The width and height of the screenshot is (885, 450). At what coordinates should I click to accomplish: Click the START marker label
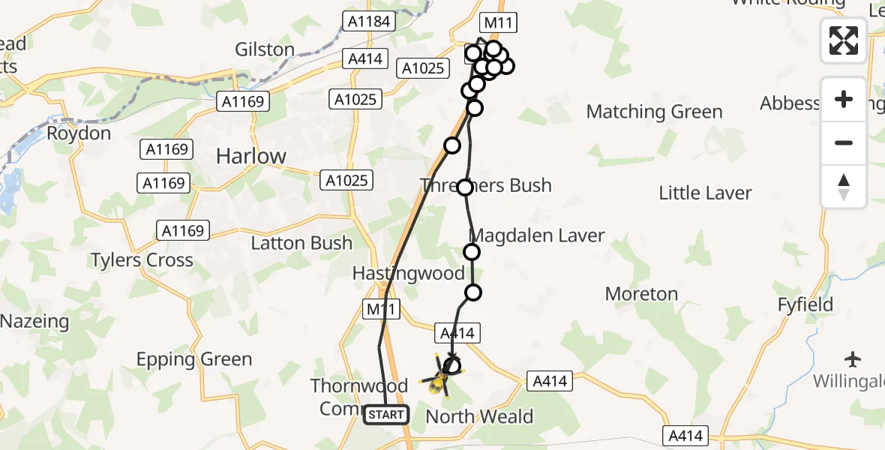386,414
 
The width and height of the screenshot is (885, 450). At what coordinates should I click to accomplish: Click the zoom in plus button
844,100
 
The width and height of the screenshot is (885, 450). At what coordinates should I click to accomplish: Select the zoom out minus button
844,142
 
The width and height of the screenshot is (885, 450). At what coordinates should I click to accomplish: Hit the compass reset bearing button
844,186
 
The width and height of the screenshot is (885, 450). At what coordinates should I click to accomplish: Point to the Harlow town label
251,156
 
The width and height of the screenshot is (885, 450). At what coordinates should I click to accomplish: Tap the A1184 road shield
370,22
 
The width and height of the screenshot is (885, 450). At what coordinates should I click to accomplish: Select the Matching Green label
654,112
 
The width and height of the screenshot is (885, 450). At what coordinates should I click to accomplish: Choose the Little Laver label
705,193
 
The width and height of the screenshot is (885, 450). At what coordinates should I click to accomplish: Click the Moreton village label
641,294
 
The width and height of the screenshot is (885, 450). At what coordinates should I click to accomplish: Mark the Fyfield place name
805,305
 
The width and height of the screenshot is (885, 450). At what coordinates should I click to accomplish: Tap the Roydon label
79,133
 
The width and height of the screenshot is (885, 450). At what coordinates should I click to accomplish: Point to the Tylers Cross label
142,260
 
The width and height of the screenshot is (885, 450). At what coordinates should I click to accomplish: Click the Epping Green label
194,359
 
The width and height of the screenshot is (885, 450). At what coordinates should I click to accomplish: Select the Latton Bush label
301,243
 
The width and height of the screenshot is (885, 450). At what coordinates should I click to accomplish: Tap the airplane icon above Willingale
853,358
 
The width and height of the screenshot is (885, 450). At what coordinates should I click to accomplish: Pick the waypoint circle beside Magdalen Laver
472,252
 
